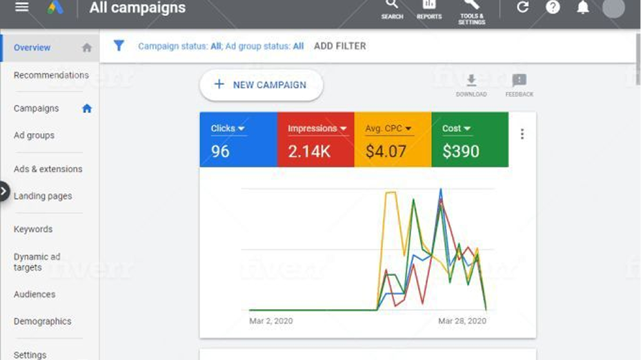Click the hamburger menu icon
tap(22, 7)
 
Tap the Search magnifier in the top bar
tap(392, 6)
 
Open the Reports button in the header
tap(428, 6)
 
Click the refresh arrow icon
tap(522, 7)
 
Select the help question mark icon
tap(553, 7)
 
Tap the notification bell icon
tap(583, 7)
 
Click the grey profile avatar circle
tap(613, 7)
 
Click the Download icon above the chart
tap(471, 81)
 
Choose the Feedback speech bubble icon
tap(519, 81)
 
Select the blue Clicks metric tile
tap(238, 140)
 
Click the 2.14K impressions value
tap(309, 152)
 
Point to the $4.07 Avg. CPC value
tap(386, 152)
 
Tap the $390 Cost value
tap(460, 152)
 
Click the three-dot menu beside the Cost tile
tap(522, 134)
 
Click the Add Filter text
tap(339, 46)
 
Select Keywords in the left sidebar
tap(33, 229)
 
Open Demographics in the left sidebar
tap(42, 321)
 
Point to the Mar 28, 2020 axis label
tap(462, 321)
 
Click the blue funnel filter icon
tap(119, 46)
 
